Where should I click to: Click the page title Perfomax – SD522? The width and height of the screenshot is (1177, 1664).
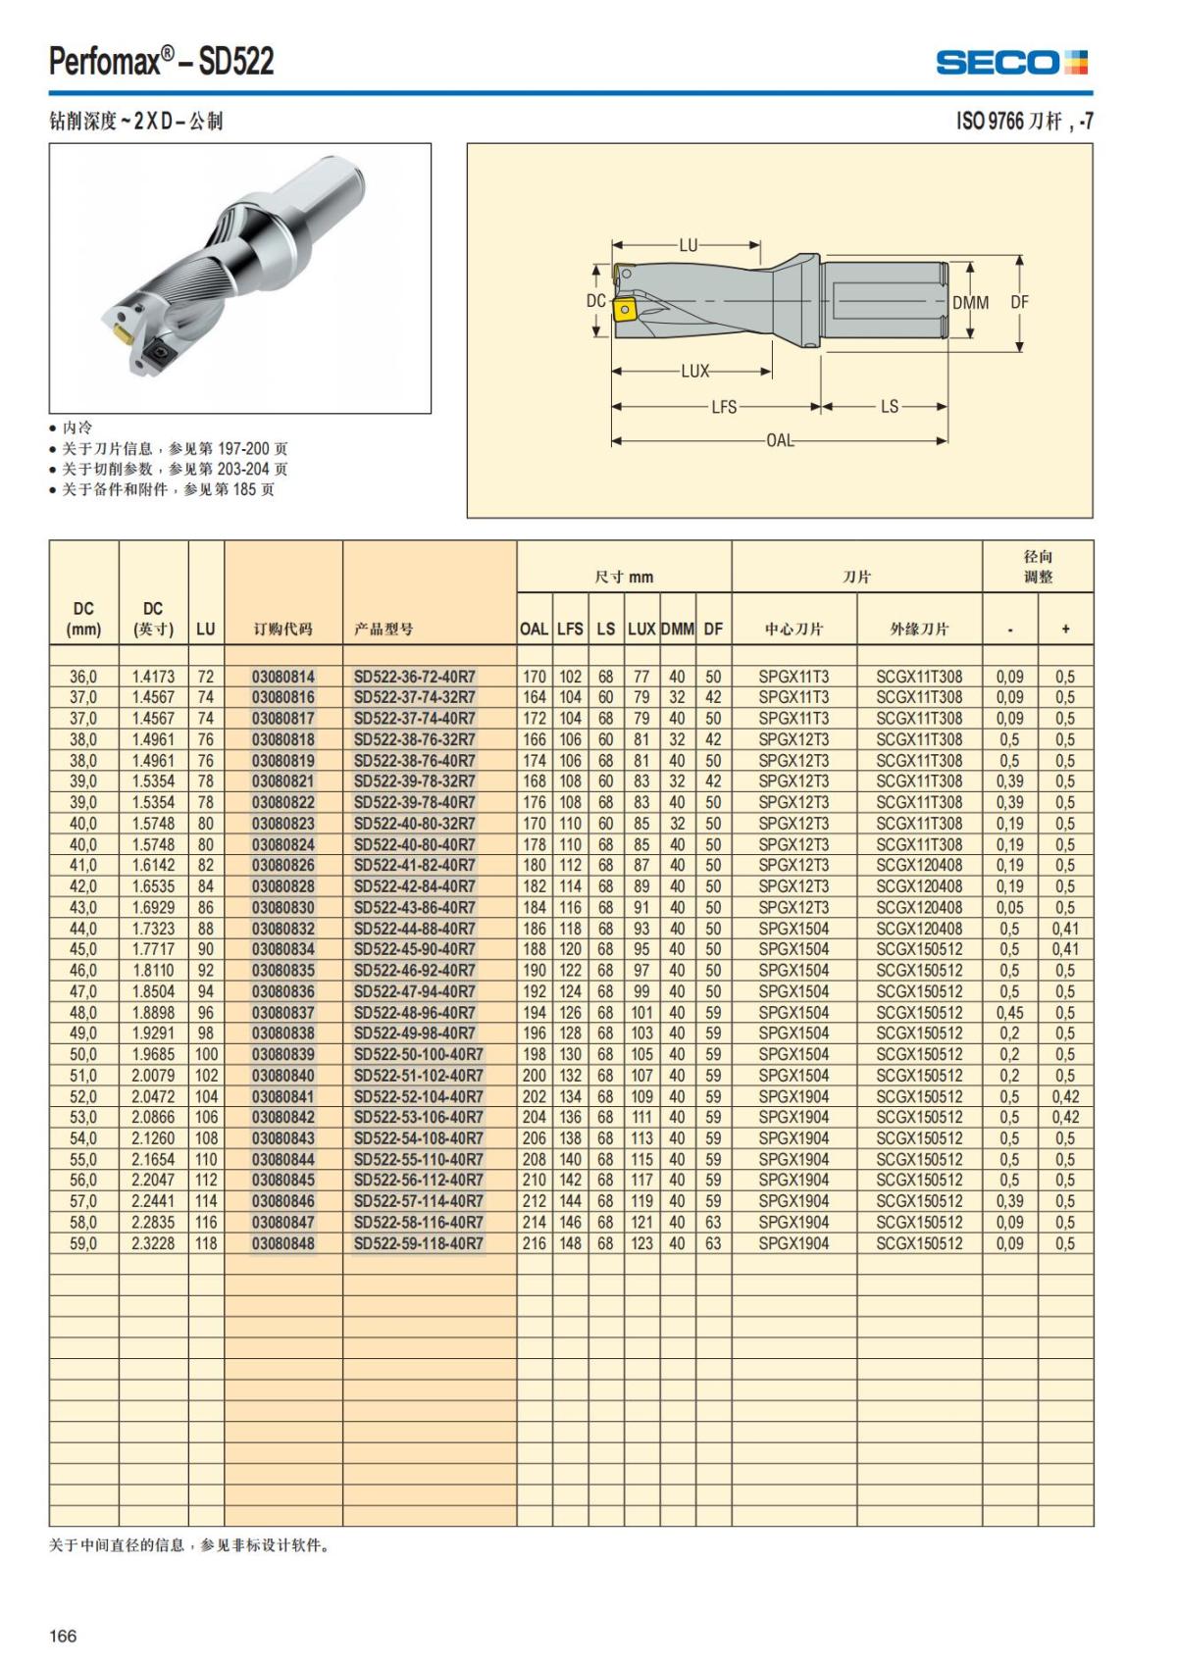click(162, 62)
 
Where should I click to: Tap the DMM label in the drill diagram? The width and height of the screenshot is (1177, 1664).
click(970, 303)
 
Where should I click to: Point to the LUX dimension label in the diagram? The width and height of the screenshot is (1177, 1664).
click(694, 372)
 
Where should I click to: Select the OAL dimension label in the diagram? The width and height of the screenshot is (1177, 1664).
click(780, 440)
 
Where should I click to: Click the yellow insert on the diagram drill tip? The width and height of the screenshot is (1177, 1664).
click(624, 311)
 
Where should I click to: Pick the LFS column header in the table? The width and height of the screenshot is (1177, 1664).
click(570, 630)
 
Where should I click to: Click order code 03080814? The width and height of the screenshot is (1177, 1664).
click(283, 677)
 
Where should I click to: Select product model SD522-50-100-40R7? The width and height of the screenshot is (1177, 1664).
click(418, 1055)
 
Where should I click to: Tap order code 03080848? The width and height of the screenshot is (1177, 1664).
click(283, 1243)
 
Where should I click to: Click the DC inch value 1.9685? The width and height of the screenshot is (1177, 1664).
click(153, 1055)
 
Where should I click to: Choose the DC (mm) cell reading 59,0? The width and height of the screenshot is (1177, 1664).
click(83, 1243)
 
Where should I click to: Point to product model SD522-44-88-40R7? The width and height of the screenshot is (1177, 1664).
click(414, 929)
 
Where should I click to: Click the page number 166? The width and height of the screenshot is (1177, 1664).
click(63, 1636)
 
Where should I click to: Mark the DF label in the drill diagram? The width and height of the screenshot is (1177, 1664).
click(1020, 303)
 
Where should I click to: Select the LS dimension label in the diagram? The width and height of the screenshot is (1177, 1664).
click(889, 406)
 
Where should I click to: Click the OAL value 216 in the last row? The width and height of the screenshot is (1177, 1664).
click(535, 1243)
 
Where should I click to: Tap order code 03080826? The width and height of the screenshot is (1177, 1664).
click(283, 866)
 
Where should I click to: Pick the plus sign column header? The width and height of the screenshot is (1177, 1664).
click(1065, 630)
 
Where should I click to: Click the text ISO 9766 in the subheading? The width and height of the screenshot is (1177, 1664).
click(990, 122)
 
